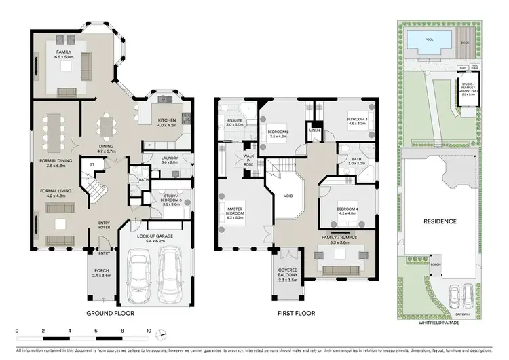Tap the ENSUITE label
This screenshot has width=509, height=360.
234,122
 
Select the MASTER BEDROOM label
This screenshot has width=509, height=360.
234,211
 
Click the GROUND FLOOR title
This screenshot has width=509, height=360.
110,314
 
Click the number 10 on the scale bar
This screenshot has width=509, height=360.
149,331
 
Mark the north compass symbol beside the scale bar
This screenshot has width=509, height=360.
161,336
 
